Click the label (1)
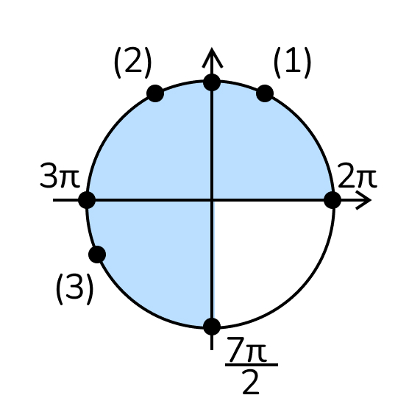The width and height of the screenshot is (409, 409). (292, 63)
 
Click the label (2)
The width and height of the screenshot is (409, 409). (132, 63)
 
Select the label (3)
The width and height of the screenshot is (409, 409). (74, 289)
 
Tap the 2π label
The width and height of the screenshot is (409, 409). (357, 175)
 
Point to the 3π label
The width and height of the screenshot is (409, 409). (60, 175)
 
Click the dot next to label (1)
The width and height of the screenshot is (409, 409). (265, 93)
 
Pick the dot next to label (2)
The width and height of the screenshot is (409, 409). (155, 93)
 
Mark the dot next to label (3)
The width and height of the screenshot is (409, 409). (97, 255)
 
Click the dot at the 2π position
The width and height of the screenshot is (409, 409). (332, 200)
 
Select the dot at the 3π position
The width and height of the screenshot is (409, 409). (87, 200)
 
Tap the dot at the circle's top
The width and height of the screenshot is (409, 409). (212, 82)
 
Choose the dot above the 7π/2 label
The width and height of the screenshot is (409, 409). (212, 327)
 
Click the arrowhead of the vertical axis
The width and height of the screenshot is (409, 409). (212, 56)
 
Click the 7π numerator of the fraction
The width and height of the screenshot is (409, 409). (246, 349)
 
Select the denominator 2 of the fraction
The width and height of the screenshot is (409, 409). (250, 382)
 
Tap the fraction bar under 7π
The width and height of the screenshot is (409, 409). (252, 365)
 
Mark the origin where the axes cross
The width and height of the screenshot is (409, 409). (212, 200)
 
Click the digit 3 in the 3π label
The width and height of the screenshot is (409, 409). (49, 175)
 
